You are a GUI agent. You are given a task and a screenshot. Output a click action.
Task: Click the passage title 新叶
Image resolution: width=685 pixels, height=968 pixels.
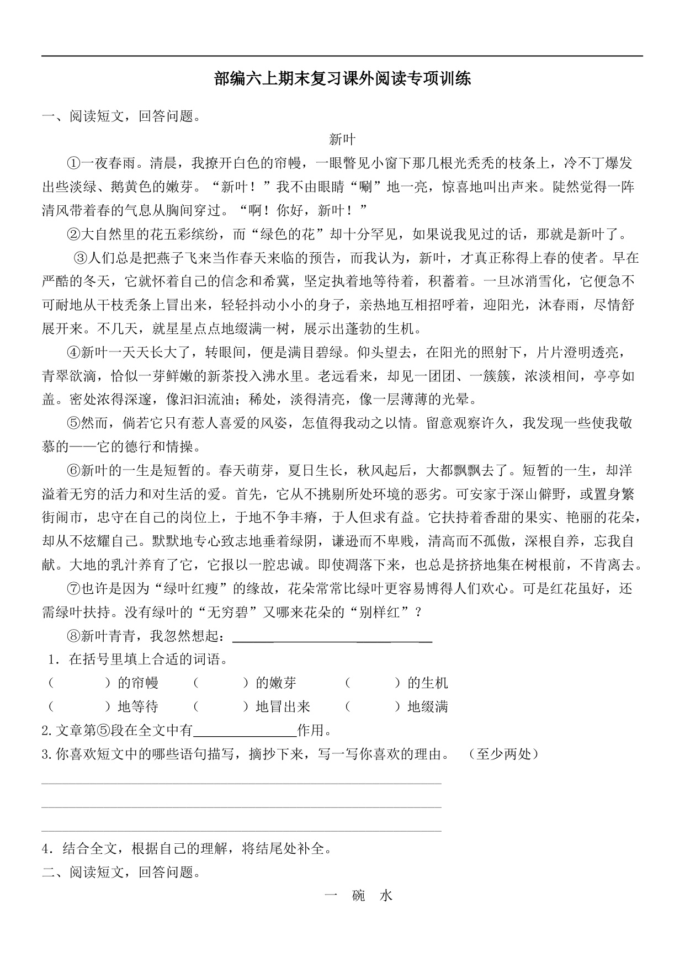click(342, 140)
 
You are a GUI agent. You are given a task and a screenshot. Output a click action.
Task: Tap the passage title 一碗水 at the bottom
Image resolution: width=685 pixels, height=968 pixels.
click(359, 896)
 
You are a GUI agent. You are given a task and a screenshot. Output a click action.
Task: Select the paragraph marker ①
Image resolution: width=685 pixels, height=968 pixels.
click(73, 163)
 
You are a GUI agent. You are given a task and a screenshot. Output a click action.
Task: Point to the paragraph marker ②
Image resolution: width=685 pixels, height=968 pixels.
click(73, 235)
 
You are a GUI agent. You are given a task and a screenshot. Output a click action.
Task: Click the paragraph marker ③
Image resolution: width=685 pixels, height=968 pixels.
click(81, 258)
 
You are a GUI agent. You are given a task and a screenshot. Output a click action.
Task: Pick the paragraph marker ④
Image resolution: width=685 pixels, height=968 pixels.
click(73, 353)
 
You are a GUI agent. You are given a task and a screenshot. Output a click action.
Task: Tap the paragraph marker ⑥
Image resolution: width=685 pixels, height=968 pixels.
click(73, 471)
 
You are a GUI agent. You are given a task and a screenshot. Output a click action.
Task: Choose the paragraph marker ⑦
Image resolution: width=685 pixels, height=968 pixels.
click(73, 589)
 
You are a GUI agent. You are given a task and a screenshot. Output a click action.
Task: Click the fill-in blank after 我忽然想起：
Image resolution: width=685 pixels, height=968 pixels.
click(332, 637)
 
